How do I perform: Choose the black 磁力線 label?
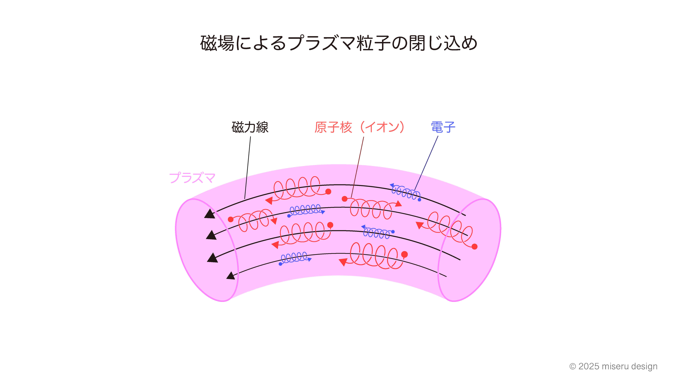point(250,127)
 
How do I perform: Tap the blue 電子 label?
point(443,127)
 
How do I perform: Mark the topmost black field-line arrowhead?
point(210,214)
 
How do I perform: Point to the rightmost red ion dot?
point(475,247)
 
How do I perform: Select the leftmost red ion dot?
point(231,219)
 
